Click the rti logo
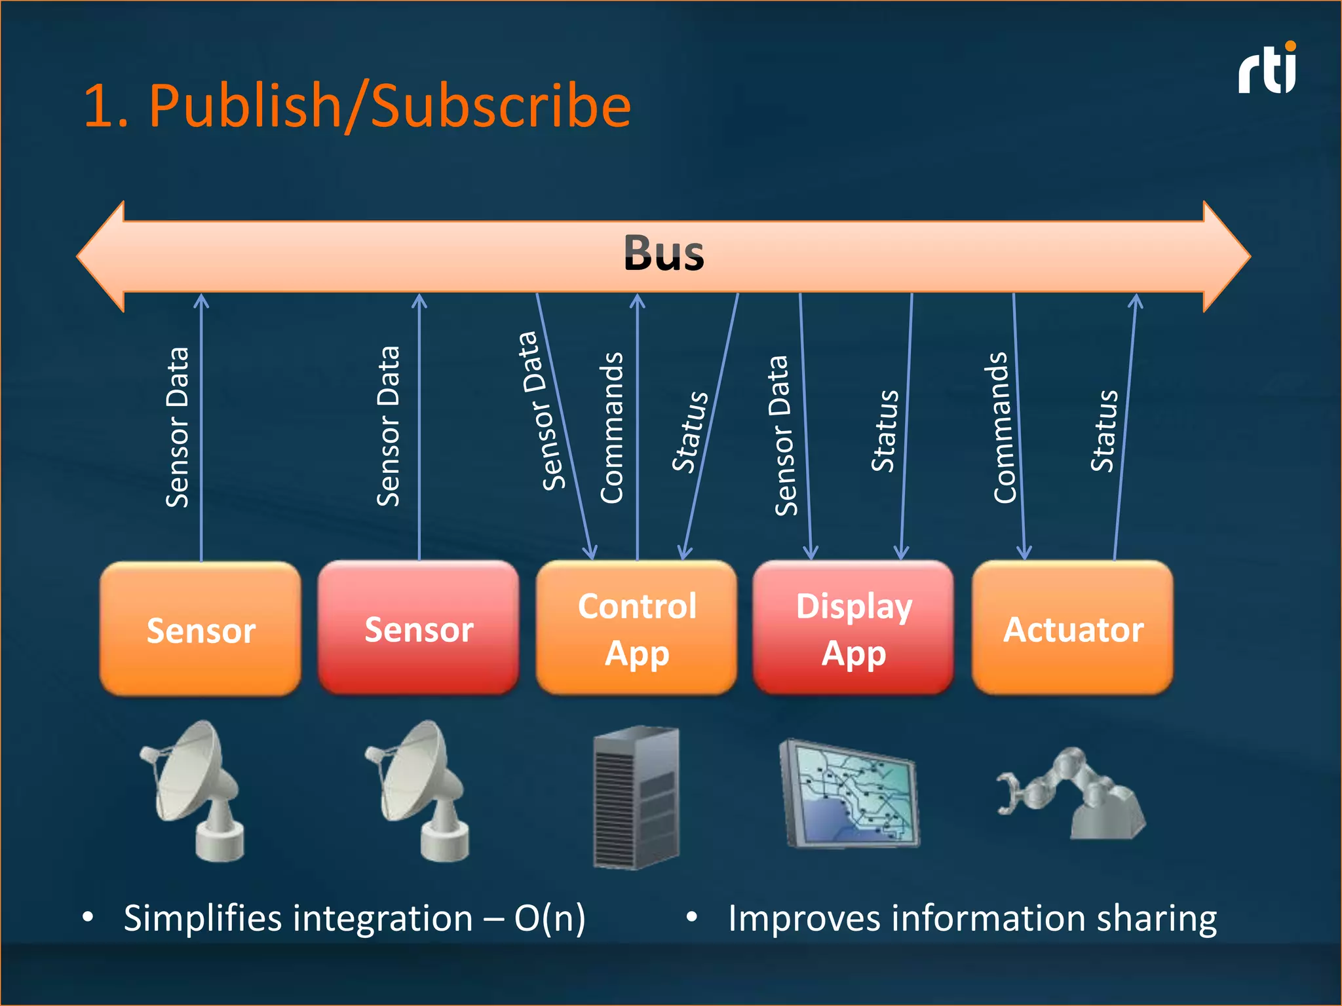click(1267, 69)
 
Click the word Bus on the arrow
click(663, 253)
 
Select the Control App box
click(636, 628)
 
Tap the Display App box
click(853, 628)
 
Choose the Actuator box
click(1073, 628)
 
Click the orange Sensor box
click(201, 629)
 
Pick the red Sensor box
click(418, 628)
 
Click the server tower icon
click(636, 797)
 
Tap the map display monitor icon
click(850, 794)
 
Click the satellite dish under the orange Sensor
click(195, 791)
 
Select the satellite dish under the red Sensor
click(419, 791)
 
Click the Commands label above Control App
click(612, 428)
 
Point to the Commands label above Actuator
click(1004, 428)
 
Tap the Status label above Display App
click(885, 430)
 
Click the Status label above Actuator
click(1104, 430)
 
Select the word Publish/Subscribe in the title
click(390, 106)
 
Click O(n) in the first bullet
click(549, 918)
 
